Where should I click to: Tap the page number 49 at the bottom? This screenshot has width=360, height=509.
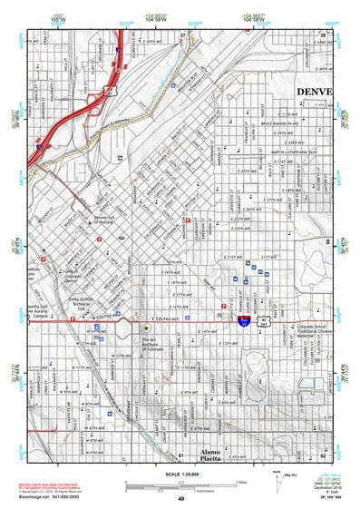[x=181, y=500]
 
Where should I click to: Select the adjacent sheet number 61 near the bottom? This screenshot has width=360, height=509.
[x=180, y=456]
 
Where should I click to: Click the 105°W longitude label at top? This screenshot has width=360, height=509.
[x=59, y=19]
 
